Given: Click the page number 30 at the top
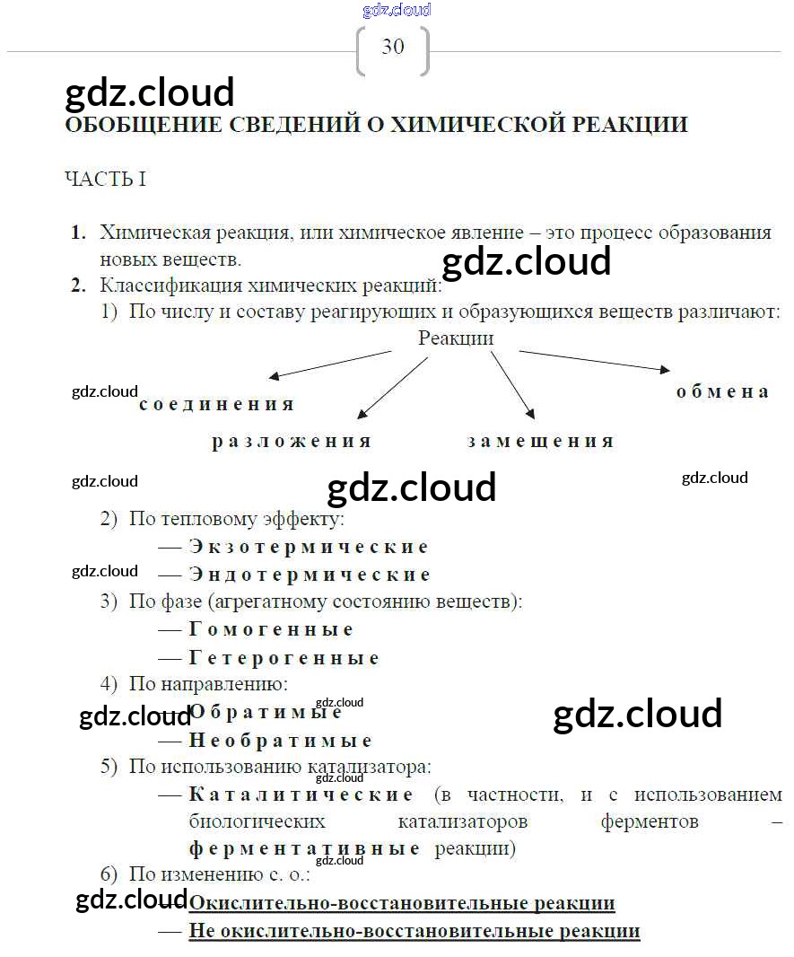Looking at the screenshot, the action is (x=393, y=47).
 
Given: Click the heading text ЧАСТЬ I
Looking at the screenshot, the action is (x=106, y=179).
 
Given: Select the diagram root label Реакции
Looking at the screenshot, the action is (x=456, y=338).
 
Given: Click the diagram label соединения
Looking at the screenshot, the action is (x=217, y=404).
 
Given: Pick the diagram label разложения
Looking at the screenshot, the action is (x=292, y=442).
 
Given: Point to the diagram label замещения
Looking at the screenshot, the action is (x=540, y=442).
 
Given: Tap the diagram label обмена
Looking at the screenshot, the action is (x=722, y=391).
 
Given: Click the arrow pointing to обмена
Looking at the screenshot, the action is (x=595, y=360).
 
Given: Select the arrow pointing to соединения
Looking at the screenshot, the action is (x=330, y=365).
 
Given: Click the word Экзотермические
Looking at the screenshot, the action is (x=309, y=546).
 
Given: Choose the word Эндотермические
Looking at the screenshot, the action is (x=310, y=575).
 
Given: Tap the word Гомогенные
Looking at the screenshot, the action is (x=271, y=629).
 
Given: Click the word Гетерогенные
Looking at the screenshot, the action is (x=284, y=657).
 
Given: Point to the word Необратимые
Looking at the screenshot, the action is (x=281, y=741).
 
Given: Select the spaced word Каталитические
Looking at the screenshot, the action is (x=301, y=794).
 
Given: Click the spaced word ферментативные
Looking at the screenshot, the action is (x=304, y=849).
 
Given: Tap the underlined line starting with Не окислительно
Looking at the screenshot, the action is (x=414, y=931).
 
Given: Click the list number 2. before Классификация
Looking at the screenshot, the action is (x=79, y=285).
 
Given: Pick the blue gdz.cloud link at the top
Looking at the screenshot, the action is (x=397, y=10).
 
